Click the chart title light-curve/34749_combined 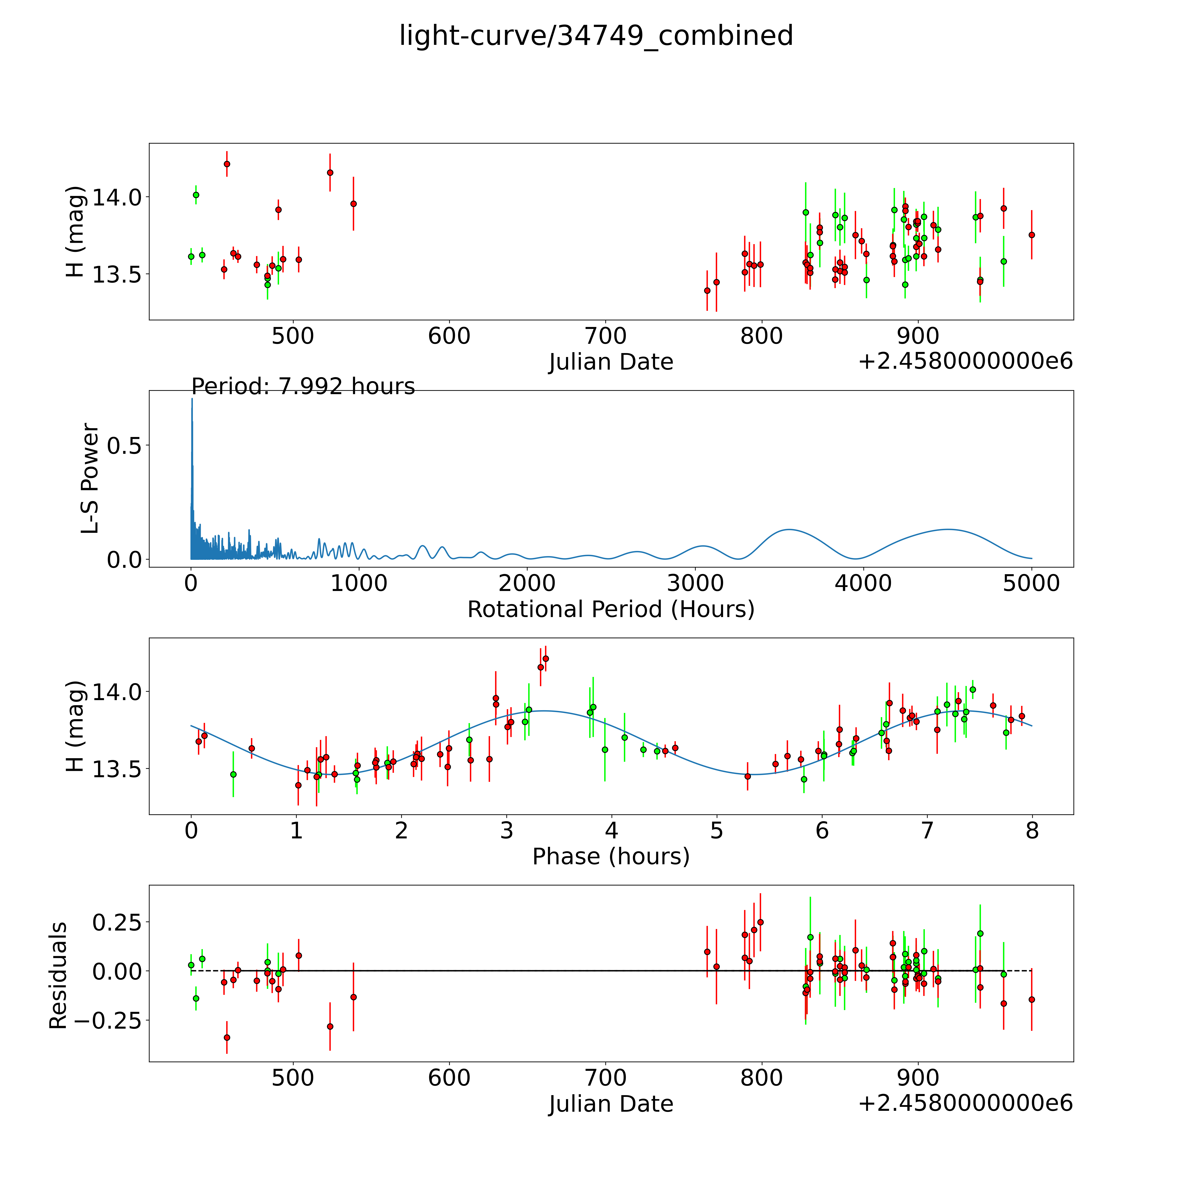596,36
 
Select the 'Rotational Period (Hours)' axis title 611,610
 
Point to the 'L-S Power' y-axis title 90,479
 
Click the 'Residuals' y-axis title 58,976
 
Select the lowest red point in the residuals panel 227,1037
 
